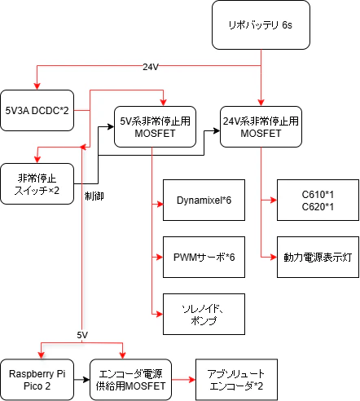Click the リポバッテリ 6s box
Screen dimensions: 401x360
click(261, 25)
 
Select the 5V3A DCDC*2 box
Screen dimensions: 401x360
click(37, 109)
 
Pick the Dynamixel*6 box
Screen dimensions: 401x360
click(204, 200)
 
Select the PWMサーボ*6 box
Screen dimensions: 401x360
click(204, 257)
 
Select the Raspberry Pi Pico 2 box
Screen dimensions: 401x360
click(37, 379)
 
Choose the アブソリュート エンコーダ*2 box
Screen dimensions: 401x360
click(236, 379)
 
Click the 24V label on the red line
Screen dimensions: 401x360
click(151, 66)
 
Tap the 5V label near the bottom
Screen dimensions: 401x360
click(82, 335)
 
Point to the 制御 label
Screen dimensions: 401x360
click(94, 196)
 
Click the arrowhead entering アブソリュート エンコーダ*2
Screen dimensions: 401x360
click(191, 379)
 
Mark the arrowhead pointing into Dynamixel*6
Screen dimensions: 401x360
click(160, 200)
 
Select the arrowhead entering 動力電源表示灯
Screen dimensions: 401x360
click(273, 257)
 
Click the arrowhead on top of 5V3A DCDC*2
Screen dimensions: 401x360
click(37, 86)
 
